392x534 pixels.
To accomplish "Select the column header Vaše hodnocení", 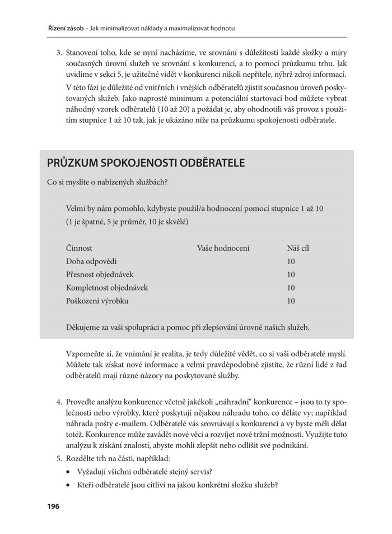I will [x=223, y=247].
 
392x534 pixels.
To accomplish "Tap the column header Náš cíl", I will [x=297, y=247].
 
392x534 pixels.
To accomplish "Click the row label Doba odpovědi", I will [x=91, y=261].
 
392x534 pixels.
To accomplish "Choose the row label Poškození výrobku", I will [x=97, y=301].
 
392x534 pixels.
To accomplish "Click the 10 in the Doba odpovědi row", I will [x=291, y=261].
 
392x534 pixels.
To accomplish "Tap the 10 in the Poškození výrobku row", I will [x=291, y=301].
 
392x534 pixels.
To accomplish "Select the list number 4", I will [x=58, y=403].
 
